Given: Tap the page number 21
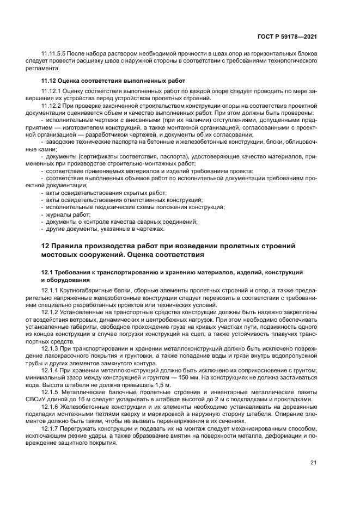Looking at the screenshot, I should pos(313,463).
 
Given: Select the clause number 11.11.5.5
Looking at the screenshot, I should pos(55,55).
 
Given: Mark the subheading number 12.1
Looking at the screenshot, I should pos(48,272).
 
